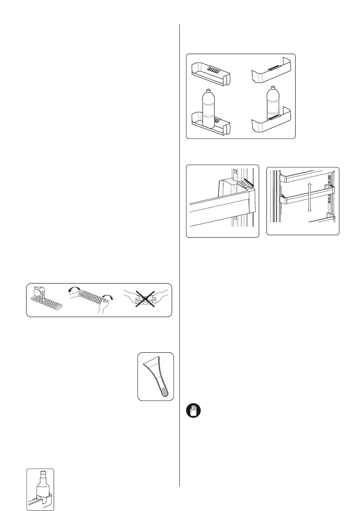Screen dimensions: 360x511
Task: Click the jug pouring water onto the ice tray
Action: (39, 292)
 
